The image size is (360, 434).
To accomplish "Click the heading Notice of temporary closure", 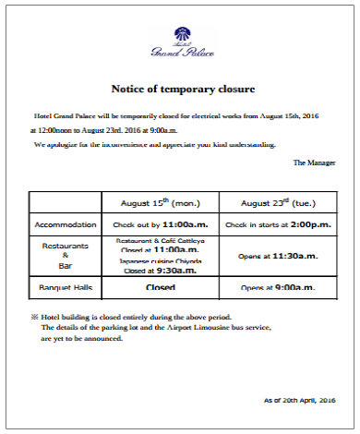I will coord(183,89).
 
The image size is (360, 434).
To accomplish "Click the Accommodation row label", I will coord(65,224).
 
